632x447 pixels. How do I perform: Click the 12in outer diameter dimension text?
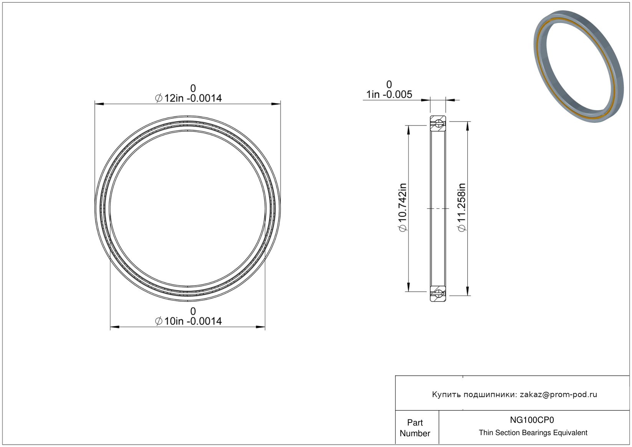pos(189,98)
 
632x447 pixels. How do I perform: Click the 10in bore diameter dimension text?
pos(189,321)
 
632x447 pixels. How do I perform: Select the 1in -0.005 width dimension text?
pos(389,94)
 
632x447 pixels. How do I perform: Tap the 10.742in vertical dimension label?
pos(402,207)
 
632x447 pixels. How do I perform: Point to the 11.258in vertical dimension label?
pos(462,207)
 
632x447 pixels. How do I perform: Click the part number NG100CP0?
pos(532,420)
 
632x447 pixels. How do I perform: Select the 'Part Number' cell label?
pos(415,428)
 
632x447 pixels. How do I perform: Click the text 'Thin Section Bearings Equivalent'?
pos(533,433)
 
